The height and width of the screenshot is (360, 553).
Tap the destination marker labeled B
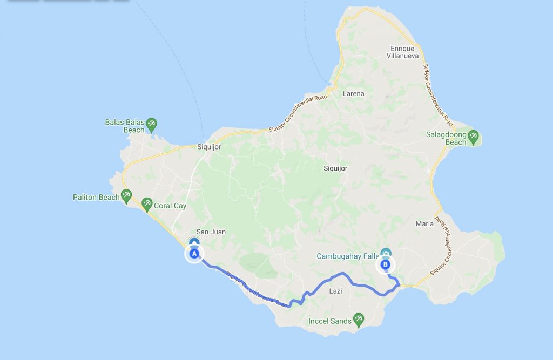click(385, 264)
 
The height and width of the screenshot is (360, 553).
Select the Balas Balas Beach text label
click(125, 126)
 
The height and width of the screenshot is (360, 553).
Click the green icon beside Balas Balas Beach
click(152, 125)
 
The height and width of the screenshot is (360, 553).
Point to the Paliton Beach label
click(96, 197)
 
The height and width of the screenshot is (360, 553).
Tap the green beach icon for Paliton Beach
click(126, 195)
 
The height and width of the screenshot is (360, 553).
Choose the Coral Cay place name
click(170, 206)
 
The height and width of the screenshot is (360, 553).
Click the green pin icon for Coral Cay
click(146, 205)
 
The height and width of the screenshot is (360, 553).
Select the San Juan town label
click(211, 232)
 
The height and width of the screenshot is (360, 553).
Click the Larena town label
click(354, 93)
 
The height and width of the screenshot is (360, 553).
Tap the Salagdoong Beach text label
click(446, 139)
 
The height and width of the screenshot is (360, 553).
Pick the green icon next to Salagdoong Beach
click(474, 137)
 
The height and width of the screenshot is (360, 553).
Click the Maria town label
click(424, 223)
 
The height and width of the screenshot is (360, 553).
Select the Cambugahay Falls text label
click(347, 255)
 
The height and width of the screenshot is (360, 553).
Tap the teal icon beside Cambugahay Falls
click(386, 253)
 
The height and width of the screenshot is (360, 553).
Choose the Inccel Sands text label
click(329, 321)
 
